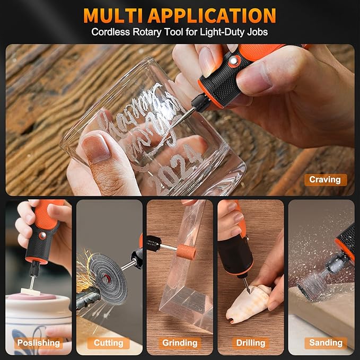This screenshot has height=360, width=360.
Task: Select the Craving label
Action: [x=325, y=180]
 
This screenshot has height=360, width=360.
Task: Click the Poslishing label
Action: [x=38, y=343]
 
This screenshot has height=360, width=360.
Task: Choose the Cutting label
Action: [x=109, y=343]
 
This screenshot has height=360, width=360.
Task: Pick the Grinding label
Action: [x=180, y=343]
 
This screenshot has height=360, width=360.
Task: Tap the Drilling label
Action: [x=251, y=343]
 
